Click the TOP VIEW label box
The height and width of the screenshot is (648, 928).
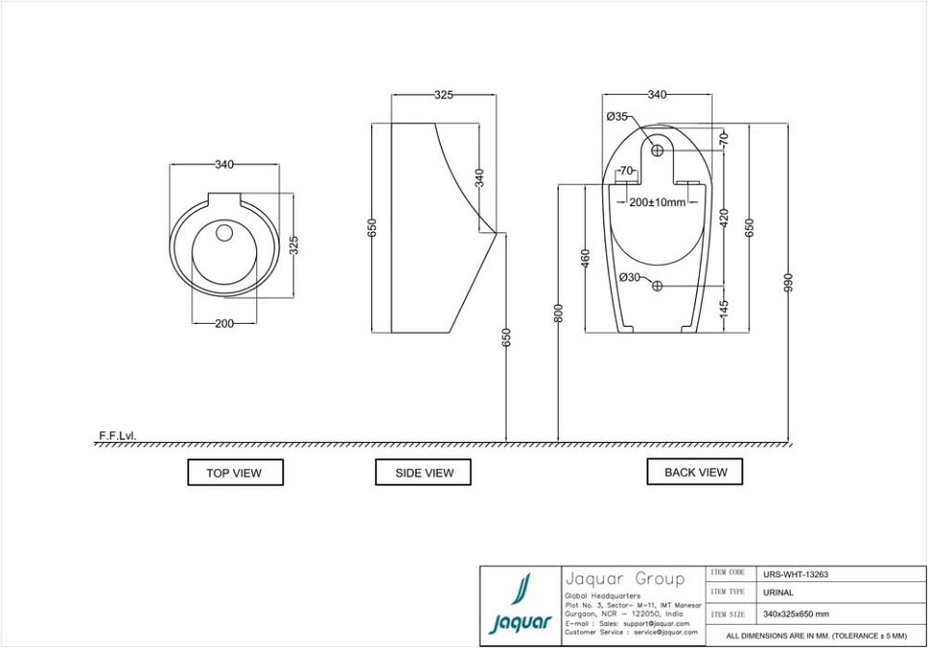coord(234,473)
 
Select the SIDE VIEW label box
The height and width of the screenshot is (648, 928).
coord(424,473)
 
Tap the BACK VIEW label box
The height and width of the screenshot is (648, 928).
coord(695,472)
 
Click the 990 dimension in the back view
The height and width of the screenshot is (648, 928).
coord(788,281)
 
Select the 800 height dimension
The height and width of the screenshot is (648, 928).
coord(558,313)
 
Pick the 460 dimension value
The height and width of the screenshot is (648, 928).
coord(585,258)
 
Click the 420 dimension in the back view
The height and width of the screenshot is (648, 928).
coord(724,219)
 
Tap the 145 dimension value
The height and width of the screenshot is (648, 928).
coord(724,309)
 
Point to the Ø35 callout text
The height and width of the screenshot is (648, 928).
coord(618,117)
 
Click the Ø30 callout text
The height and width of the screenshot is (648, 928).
coord(629,278)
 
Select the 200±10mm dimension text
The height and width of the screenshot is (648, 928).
coord(657,202)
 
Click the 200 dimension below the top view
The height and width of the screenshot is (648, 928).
coord(223,323)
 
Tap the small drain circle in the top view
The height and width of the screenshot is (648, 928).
coord(224,233)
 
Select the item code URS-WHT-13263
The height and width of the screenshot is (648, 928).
coord(796,574)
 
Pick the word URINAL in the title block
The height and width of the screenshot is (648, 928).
coord(778,593)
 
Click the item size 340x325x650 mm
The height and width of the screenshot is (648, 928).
coord(796,614)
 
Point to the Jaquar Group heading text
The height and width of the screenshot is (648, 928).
coord(624,579)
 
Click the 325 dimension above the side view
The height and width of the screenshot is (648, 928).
coord(443,95)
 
